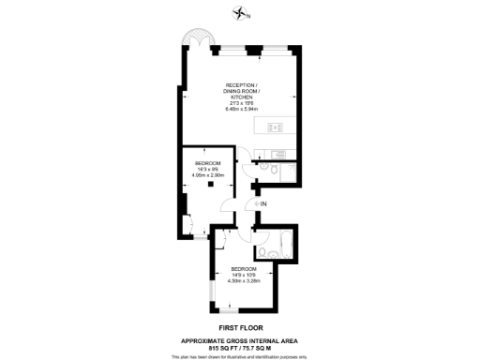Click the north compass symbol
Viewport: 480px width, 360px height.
pos(242,13)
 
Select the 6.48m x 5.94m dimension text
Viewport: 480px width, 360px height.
pos(240,109)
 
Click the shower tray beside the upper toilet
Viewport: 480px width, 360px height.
pos(287,172)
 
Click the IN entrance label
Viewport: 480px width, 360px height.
pos(263,202)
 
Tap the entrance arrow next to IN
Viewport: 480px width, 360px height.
pos(252,202)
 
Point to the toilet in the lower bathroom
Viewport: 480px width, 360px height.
pos(262,251)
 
